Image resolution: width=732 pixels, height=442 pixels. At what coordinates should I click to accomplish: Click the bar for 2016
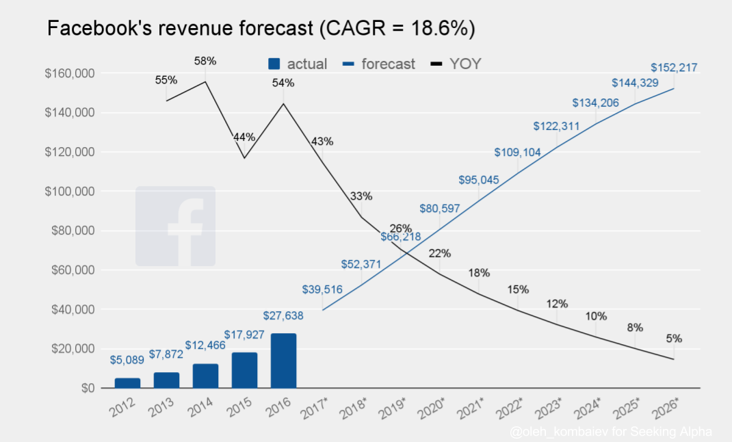(283, 361)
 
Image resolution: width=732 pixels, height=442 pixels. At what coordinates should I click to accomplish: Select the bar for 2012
(127, 382)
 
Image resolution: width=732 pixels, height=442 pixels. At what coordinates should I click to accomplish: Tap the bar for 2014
(205, 376)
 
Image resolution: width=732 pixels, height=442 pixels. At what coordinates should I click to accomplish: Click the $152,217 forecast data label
(673, 68)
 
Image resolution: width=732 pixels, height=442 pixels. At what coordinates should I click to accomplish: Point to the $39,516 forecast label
(322, 289)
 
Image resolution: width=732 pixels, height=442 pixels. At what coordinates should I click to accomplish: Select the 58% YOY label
(205, 61)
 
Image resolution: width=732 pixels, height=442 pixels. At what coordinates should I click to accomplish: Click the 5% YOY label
(673, 339)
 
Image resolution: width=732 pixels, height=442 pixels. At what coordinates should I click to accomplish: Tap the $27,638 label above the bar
(283, 315)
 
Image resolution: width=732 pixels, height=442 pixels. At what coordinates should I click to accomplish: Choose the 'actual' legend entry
(296, 64)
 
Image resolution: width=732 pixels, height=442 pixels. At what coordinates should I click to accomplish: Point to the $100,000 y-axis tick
(69, 192)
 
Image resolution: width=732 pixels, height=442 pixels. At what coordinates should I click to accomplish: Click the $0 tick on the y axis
(86, 388)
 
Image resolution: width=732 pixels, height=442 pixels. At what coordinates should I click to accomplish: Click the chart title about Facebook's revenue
(261, 29)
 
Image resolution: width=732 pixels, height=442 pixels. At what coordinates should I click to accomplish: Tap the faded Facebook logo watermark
(175, 226)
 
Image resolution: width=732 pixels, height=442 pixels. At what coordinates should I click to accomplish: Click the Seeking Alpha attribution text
(611, 432)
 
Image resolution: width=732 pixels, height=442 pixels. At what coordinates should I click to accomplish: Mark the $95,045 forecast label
(478, 181)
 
